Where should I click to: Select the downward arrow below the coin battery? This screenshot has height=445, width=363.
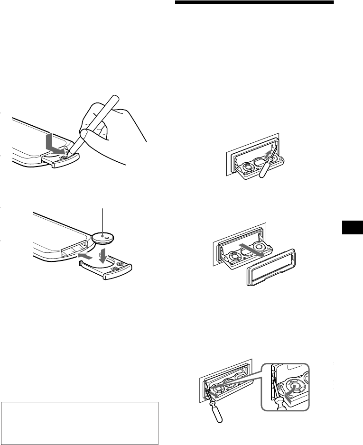102,256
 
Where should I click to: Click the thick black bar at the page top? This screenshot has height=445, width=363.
255,2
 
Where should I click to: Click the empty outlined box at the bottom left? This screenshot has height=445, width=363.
79,422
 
